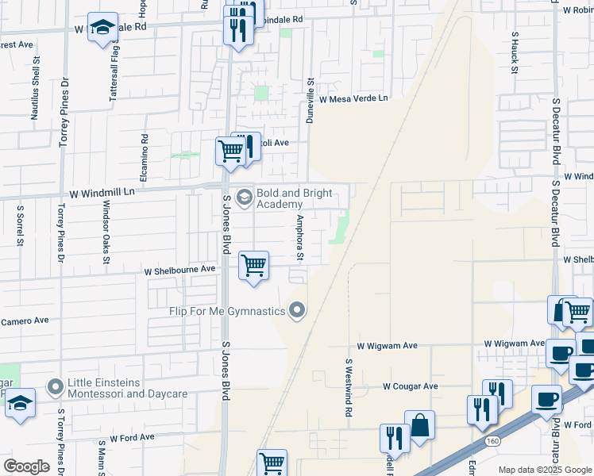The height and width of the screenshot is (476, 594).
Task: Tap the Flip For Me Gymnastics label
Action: pyautogui.click(x=226, y=311)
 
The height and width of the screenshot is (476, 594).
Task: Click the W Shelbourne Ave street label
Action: pyautogui.click(x=179, y=270)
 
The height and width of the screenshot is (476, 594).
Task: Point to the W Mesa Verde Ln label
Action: pyautogui.click(x=353, y=99)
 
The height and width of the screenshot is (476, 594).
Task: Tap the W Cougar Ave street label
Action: pyautogui.click(x=410, y=386)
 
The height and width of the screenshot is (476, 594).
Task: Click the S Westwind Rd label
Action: pyautogui.click(x=348, y=387)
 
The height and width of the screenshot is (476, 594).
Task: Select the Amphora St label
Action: pyautogui.click(x=300, y=237)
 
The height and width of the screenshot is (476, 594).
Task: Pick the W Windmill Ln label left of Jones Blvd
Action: pyautogui.click(x=103, y=192)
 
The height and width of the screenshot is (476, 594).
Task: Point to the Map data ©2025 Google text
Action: pyautogui.click(x=544, y=470)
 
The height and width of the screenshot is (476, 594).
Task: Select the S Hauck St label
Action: pyautogui.click(x=515, y=53)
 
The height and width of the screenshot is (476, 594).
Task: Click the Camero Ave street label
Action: pyautogui.click(x=25, y=321)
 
